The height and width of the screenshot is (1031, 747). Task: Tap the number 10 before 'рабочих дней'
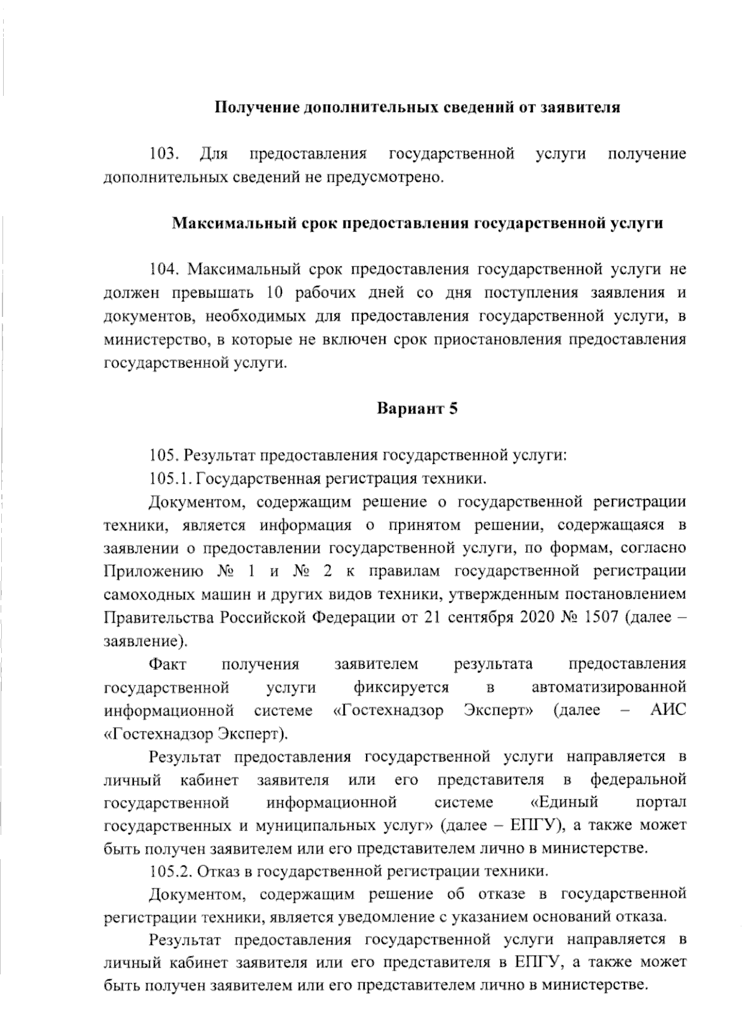pyautogui.click(x=275, y=293)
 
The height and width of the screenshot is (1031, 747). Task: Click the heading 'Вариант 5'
pyautogui.click(x=417, y=409)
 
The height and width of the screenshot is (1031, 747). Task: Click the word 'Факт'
pyautogui.click(x=168, y=664)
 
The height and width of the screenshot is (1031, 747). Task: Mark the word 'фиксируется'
pyautogui.click(x=401, y=687)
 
